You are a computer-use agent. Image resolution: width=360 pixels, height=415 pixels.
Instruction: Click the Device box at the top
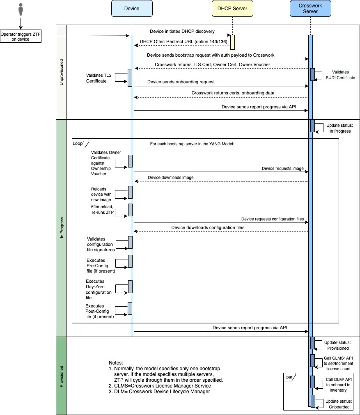[x=132, y=9]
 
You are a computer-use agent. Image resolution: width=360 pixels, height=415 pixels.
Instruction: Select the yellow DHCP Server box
[x=232, y=9]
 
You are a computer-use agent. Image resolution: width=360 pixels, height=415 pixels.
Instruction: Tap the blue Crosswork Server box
[x=310, y=9]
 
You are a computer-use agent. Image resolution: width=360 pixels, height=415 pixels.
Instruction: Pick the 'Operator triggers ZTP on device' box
[x=20, y=37]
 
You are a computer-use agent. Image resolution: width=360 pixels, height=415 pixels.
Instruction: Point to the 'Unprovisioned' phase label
[x=61, y=72]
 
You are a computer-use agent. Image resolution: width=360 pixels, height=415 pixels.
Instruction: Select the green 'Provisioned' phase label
[x=61, y=376]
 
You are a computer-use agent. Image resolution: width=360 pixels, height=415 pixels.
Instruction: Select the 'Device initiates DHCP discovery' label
[x=181, y=31]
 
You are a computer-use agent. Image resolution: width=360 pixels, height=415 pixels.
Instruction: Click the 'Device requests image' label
[x=283, y=168]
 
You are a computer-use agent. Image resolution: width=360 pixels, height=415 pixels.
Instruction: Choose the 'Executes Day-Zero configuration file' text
[x=99, y=289]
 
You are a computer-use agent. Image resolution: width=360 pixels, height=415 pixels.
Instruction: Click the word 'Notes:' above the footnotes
[x=116, y=363]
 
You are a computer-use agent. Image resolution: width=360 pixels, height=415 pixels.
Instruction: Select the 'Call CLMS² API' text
[x=338, y=358]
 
